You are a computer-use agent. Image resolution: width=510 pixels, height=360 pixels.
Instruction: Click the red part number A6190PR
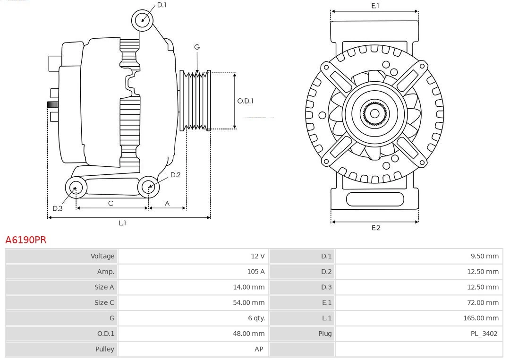(x=26, y=240)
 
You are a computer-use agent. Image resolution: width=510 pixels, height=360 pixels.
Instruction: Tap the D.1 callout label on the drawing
(x=161, y=5)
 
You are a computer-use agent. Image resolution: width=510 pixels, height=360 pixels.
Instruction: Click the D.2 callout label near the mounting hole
(x=175, y=175)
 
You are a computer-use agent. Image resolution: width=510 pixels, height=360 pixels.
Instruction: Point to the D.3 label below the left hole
(x=57, y=208)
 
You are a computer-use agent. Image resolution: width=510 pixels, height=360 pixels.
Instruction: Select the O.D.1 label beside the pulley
(x=245, y=101)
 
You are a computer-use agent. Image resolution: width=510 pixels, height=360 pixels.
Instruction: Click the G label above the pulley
(x=197, y=47)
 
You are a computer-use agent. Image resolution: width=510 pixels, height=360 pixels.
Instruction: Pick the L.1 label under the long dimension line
(x=122, y=223)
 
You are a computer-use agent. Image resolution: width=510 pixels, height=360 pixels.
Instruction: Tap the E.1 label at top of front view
(x=375, y=6)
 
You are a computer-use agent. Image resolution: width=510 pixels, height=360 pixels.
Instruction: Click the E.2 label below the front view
(x=375, y=228)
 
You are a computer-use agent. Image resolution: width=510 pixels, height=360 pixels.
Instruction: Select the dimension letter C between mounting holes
(x=110, y=203)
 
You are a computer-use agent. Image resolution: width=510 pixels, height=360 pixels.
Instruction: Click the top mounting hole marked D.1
(x=143, y=20)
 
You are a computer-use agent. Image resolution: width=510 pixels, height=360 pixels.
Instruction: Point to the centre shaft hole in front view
(x=374, y=113)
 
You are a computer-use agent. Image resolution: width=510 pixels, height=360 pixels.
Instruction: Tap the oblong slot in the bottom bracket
(x=375, y=199)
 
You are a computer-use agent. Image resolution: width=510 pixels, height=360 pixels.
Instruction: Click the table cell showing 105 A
(x=255, y=272)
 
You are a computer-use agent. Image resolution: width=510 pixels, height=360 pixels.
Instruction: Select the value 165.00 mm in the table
(x=481, y=318)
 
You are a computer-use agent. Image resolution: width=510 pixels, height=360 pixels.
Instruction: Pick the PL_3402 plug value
(x=484, y=334)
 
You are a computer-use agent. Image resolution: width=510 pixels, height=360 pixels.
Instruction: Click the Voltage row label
(x=102, y=256)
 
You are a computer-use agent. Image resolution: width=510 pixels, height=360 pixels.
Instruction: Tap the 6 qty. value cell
(x=256, y=318)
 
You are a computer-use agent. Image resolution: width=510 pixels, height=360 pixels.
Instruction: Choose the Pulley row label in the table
(x=104, y=349)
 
